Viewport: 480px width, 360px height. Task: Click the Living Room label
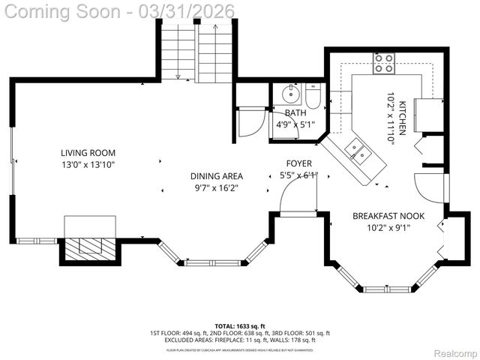(88, 152)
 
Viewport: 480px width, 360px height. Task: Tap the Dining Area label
(216, 176)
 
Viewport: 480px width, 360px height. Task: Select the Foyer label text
(299, 163)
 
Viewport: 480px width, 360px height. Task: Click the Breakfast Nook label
(388, 216)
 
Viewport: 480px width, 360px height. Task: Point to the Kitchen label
(402, 117)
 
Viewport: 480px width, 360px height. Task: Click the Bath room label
(295, 113)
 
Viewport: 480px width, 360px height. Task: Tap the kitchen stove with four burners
(384, 62)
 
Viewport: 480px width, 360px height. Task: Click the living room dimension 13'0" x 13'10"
(88, 164)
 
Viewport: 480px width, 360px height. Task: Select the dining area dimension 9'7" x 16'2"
(216, 188)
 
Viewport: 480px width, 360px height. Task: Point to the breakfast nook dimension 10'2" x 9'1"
(388, 228)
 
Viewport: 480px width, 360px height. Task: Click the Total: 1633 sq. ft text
(240, 326)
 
